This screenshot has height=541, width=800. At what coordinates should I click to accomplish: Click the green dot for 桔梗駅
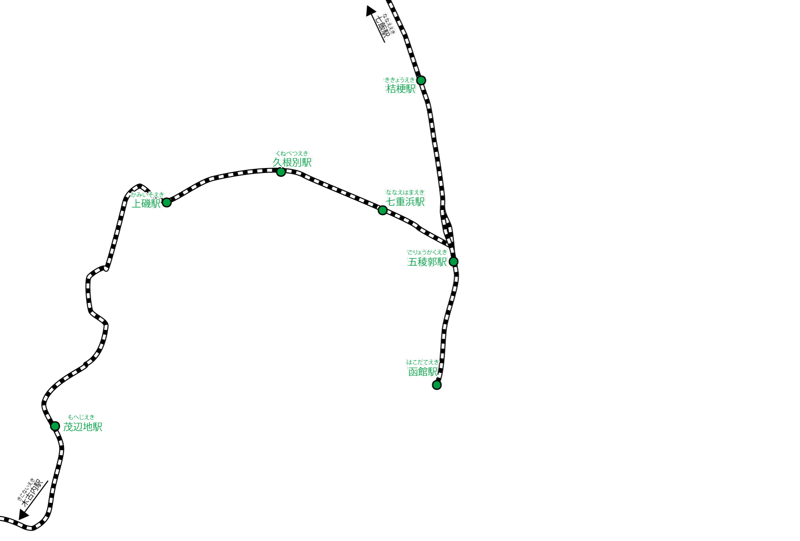point(421,80)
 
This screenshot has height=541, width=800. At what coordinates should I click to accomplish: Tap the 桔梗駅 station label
point(401,89)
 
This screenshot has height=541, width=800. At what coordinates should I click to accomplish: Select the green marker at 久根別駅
point(281,172)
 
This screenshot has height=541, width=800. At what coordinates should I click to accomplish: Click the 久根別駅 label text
point(292,162)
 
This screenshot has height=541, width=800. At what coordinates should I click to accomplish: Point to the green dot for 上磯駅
point(167,202)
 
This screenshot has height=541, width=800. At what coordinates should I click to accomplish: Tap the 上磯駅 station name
point(146,203)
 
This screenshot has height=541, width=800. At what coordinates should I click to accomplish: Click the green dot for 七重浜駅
point(382,210)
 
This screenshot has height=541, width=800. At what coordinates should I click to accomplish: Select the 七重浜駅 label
point(405,201)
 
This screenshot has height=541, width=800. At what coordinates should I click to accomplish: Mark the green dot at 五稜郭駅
point(453,261)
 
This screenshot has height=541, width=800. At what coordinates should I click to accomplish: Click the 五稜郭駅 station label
point(427,262)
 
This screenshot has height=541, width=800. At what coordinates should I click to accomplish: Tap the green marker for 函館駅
point(436,385)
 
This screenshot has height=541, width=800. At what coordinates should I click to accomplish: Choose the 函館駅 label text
point(423,372)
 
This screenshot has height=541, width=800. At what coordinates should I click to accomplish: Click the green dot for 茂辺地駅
point(55,426)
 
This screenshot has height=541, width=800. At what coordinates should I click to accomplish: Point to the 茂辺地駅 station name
point(83,427)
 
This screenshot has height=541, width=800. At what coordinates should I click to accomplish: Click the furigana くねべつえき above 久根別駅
point(292,153)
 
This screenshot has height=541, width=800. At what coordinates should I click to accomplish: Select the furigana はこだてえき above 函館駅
point(423,362)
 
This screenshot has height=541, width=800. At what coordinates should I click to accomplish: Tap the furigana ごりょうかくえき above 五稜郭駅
point(427,252)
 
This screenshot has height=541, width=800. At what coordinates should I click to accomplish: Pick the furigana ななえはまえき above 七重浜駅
point(405,192)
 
